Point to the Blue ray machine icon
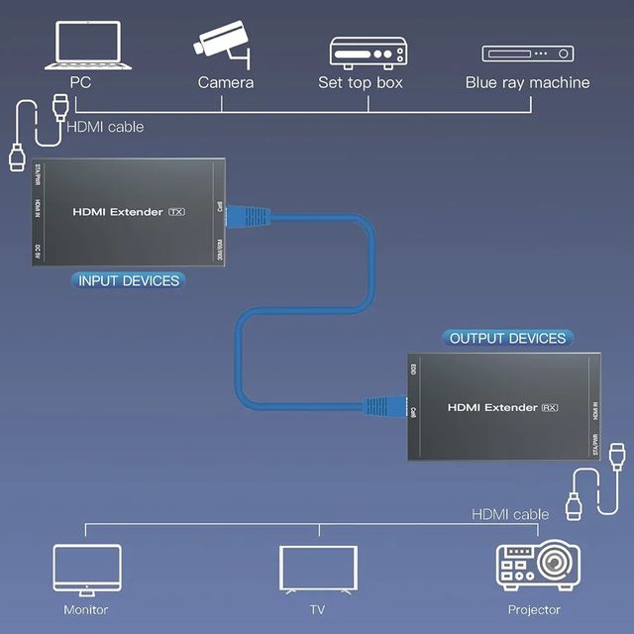[527, 53]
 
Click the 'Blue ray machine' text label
[527, 82]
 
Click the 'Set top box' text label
[361, 82]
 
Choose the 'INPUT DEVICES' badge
[129, 280]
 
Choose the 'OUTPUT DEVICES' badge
[507, 338]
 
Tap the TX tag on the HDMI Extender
[177, 211]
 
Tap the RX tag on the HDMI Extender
[552, 407]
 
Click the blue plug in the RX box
[380, 406]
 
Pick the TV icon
[317, 569]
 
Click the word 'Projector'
[534, 609]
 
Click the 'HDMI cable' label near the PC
[105, 127]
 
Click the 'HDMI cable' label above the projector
[510, 514]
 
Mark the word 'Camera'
[225, 82]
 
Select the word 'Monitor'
[86, 609]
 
